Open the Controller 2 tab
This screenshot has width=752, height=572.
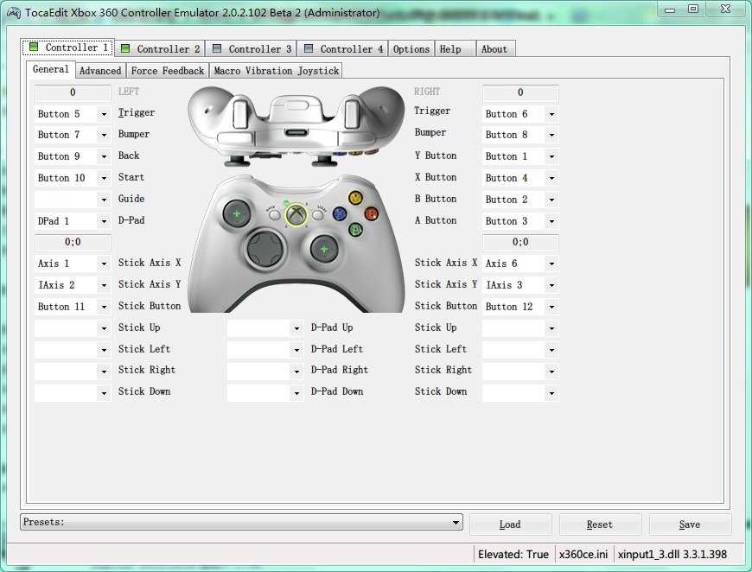click(x=160, y=49)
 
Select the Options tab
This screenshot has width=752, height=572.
click(x=411, y=49)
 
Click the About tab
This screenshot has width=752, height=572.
click(x=495, y=49)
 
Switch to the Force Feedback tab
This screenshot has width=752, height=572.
click(x=168, y=71)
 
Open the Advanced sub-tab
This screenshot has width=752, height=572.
click(x=100, y=71)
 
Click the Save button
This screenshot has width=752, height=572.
click(x=690, y=524)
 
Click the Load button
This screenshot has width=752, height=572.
click(x=510, y=524)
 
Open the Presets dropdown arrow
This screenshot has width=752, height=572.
click(x=456, y=522)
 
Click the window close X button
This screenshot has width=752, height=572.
click(x=725, y=10)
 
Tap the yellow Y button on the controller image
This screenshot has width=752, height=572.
click(x=355, y=198)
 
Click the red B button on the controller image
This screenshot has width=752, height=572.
click(x=371, y=213)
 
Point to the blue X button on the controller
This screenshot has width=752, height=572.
click(x=340, y=213)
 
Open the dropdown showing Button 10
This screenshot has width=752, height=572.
click(x=73, y=178)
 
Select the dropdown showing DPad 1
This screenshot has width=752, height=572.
click(x=73, y=221)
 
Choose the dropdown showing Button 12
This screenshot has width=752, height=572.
click(x=520, y=307)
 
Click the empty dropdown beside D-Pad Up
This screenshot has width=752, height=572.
click(x=265, y=328)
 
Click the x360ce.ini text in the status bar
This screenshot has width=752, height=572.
click(x=583, y=554)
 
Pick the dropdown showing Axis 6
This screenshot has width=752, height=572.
click(x=520, y=264)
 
